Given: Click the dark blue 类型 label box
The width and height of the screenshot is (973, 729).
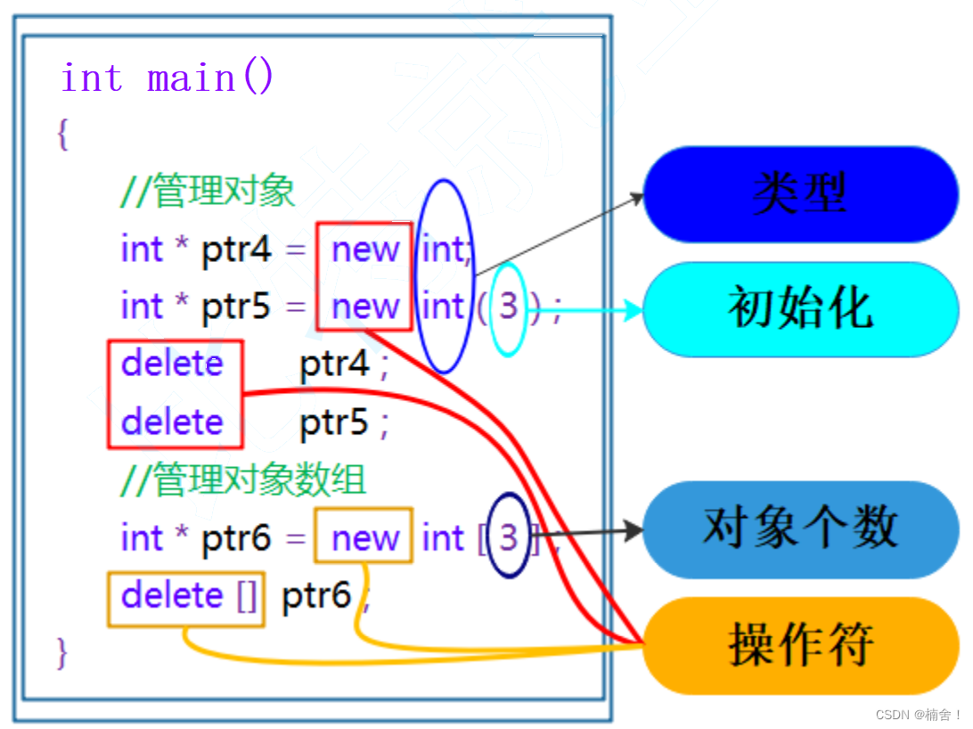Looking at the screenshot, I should [799, 194].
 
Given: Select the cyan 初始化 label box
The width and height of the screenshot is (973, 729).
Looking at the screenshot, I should [799, 309].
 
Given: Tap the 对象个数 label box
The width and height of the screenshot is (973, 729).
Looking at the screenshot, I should [799, 529].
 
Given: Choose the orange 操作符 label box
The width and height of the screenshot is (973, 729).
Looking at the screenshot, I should [799, 644].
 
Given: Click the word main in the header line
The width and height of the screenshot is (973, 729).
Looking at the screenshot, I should [191, 78].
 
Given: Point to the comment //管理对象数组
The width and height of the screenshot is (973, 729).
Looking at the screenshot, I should [243, 480].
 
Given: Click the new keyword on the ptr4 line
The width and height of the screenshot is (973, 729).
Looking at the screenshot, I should [365, 250].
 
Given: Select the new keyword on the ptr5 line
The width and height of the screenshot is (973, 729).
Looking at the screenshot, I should [365, 307].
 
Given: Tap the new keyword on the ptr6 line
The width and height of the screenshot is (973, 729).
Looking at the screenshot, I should [365, 538].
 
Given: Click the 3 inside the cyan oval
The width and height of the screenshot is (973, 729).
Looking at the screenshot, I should [508, 307].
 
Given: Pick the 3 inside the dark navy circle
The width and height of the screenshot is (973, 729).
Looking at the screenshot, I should [508, 537].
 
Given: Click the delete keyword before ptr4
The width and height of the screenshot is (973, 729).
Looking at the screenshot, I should [172, 364].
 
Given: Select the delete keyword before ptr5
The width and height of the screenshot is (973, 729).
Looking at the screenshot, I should [172, 422].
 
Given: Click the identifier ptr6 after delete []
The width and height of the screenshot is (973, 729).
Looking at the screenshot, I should [316, 595].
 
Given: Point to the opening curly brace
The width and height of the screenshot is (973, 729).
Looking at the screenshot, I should [62, 135].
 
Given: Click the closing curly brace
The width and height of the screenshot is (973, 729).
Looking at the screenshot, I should [61, 653].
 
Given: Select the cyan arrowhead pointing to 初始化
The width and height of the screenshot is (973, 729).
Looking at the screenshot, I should [634, 311].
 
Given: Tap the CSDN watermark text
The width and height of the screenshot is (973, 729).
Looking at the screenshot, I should [918, 715].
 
